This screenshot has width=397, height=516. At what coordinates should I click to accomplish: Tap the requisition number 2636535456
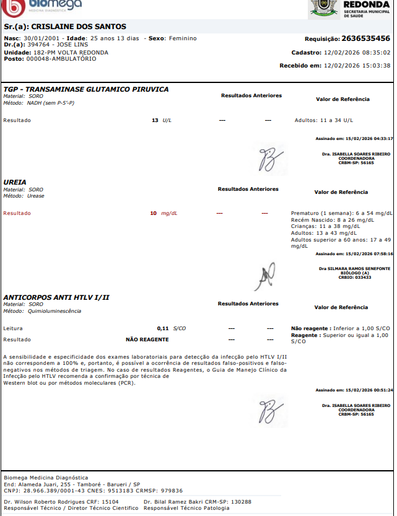(365, 38)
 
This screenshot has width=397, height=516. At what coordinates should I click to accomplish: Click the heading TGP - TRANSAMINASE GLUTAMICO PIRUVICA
(85, 89)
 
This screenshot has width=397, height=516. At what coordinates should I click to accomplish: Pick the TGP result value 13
(155, 120)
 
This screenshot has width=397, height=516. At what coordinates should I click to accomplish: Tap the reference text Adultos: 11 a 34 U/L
(324, 120)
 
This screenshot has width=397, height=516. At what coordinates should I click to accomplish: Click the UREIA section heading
(15, 182)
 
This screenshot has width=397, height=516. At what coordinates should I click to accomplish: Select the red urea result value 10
(153, 213)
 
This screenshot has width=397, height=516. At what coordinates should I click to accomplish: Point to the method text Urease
(36, 196)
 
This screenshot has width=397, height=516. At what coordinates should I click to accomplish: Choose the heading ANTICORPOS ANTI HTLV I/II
(56, 297)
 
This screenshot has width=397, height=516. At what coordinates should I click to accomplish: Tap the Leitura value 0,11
(163, 328)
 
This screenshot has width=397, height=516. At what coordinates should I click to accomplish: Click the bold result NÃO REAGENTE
(147, 339)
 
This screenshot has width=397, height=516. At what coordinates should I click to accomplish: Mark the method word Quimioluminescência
(54, 311)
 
